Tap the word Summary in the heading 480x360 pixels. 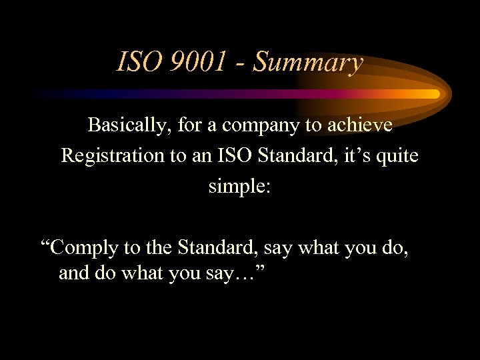308,63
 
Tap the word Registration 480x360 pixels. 112,156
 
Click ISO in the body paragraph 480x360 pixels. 224,155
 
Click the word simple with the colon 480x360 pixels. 239,187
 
